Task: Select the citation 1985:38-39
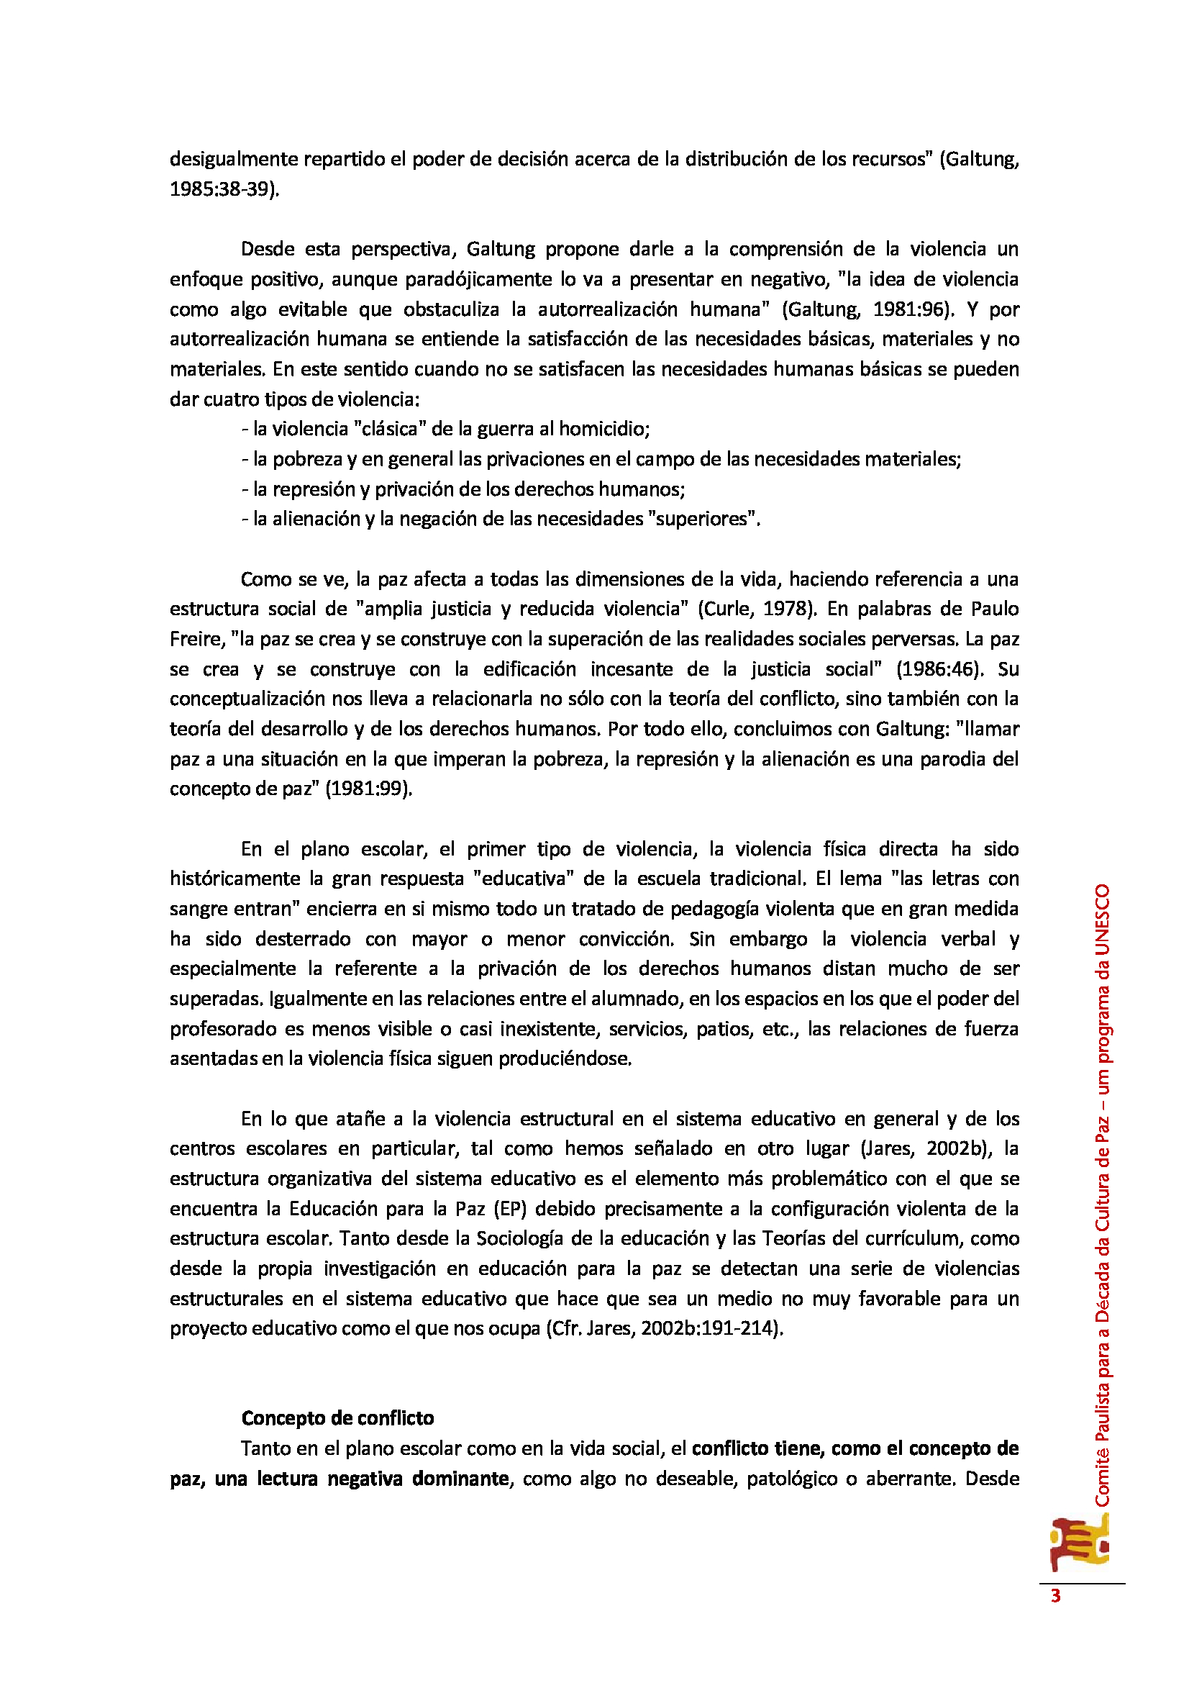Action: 223,189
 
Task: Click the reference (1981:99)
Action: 369,789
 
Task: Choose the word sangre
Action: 199,909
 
